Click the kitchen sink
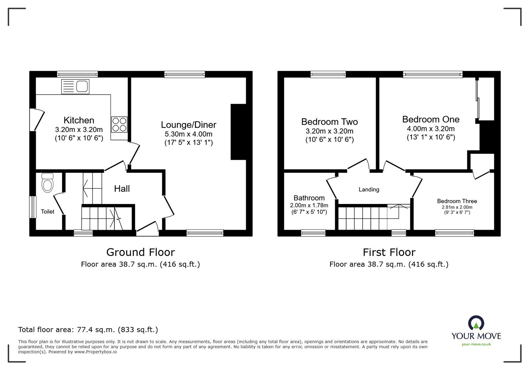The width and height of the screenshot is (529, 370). point(75,87)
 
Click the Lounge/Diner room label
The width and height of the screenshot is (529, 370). point(188,125)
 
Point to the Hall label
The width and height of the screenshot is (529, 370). point(122,189)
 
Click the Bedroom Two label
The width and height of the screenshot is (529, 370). point(329,122)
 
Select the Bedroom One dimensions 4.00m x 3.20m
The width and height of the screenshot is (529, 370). point(430,129)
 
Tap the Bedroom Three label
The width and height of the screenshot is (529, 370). point(457,201)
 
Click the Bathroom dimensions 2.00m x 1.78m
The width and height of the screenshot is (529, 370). point(309,205)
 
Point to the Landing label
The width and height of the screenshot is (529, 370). point(369,189)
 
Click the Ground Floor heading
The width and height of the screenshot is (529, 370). point(140,252)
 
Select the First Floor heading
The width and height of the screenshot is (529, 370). point(389,252)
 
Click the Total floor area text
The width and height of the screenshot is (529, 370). point(88,330)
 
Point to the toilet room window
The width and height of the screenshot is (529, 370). point(33,207)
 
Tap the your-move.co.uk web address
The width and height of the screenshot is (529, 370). point(476,345)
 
